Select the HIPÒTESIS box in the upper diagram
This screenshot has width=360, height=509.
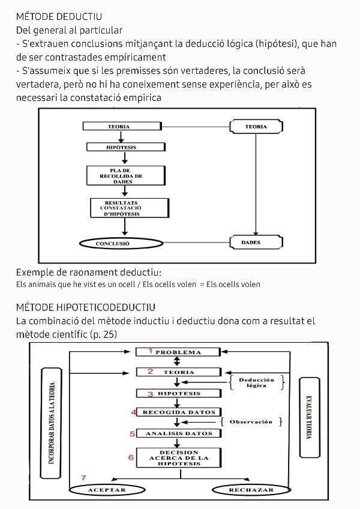(122, 146)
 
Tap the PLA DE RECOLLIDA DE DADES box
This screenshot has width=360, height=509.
(122, 176)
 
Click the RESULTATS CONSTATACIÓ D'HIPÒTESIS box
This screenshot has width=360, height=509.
(122, 208)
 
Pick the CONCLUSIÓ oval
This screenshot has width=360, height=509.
(121, 244)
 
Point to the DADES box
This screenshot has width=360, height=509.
(256, 242)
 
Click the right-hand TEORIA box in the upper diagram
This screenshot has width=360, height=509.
(256, 127)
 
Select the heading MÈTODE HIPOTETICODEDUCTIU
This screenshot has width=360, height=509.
(86, 307)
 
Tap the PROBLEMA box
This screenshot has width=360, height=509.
(178, 352)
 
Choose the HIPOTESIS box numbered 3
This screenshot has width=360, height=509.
(178, 394)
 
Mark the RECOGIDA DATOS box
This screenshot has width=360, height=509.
(178, 412)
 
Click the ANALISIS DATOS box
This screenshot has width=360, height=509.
(178, 433)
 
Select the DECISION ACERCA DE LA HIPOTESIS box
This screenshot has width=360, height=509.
(179, 458)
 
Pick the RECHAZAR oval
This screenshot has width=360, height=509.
(251, 490)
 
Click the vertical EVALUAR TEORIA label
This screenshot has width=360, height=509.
(310, 417)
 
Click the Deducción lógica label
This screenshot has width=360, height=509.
(256, 382)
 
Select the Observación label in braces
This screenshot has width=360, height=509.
(251, 422)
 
